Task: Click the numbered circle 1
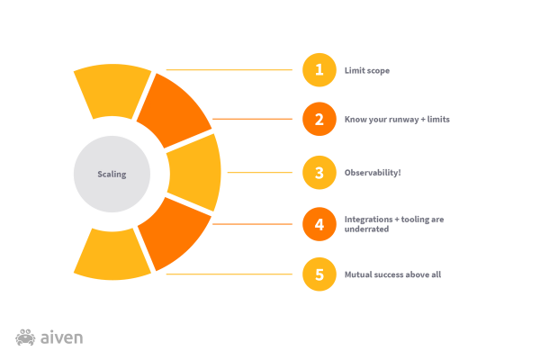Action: pos(319,70)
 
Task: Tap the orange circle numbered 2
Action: pos(319,119)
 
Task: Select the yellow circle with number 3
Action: pos(319,173)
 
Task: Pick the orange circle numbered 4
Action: pos(319,224)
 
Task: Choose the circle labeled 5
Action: pos(319,274)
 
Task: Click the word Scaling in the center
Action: pos(112,175)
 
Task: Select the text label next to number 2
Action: pos(396,119)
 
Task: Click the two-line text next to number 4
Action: pos(394,222)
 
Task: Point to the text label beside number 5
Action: pos(392,274)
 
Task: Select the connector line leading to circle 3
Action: pos(261,172)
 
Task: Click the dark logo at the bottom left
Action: pos(50,338)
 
